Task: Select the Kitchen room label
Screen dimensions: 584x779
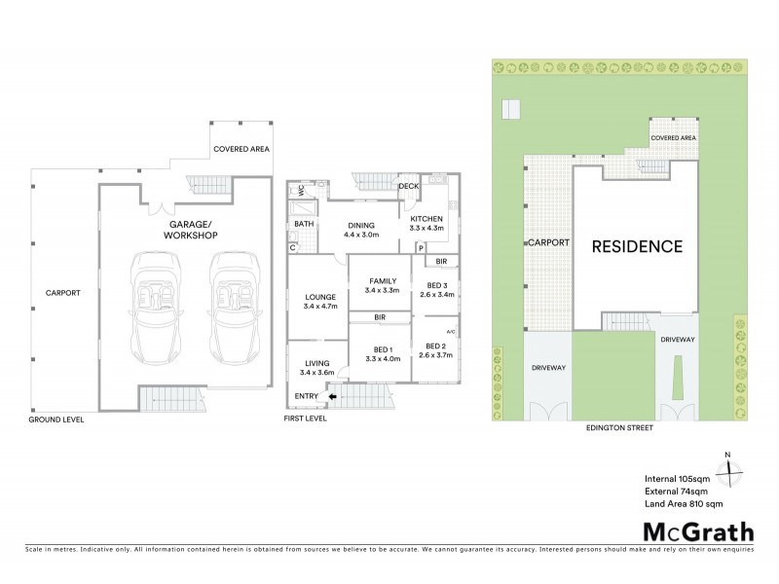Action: [427, 218]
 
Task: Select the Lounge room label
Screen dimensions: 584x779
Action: [319, 296]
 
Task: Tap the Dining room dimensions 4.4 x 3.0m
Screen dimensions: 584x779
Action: [367, 235]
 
